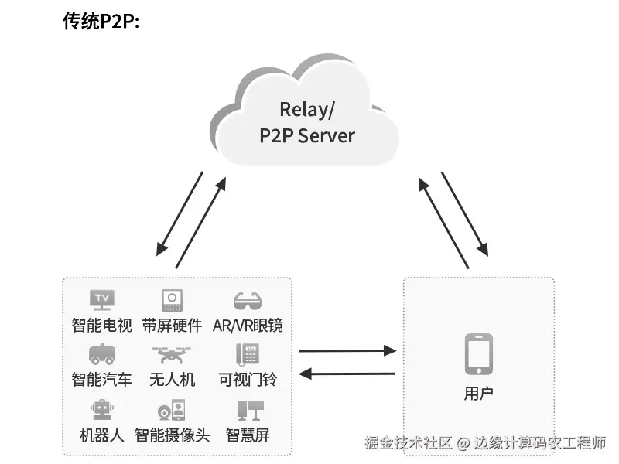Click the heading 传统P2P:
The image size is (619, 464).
coord(101,21)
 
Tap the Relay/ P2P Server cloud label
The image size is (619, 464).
coord(306,122)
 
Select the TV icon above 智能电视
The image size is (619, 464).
coord(102,300)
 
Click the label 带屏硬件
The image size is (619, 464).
coord(172,326)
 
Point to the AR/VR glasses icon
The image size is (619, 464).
coord(248,301)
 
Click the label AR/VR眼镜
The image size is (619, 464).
coord(248,326)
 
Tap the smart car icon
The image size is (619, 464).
coord(102,354)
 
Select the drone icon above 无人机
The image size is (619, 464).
coord(172,355)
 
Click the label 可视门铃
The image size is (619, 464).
coord(248,380)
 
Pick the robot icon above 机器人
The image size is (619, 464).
coord(102,410)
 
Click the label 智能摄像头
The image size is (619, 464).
coord(172,435)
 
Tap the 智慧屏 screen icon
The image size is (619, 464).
coord(250,411)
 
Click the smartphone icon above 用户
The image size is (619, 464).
coord(478,354)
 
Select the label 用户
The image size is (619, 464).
coord(478,394)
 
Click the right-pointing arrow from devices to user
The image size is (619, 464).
coord(347,350)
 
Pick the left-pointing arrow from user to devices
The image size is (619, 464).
coord(347,374)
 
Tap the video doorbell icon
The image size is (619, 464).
coord(248,354)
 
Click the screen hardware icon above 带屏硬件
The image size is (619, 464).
coord(172,300)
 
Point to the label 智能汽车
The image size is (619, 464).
coord(102,380)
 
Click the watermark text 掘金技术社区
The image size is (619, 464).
coord(409,443)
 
